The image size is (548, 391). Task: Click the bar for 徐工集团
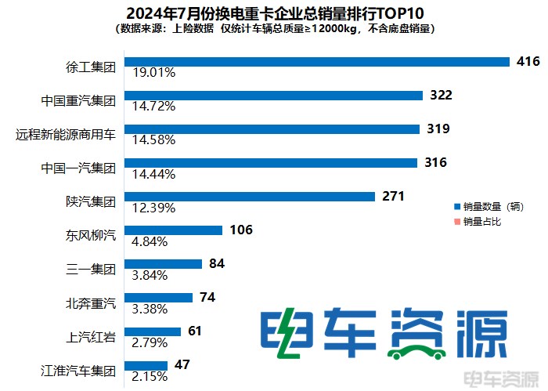[313, 61]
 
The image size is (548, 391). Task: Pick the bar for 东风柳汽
[175, 230]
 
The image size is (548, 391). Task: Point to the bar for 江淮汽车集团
[146, 364]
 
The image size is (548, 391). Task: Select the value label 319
[438, 129]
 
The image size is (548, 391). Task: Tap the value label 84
[217, 263]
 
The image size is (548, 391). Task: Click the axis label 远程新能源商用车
[66, 135]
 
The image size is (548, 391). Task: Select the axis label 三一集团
[91, 270]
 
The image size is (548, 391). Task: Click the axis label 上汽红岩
[91, 337]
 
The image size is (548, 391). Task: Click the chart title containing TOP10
[274, 13]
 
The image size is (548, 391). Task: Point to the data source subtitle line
[274, 28]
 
